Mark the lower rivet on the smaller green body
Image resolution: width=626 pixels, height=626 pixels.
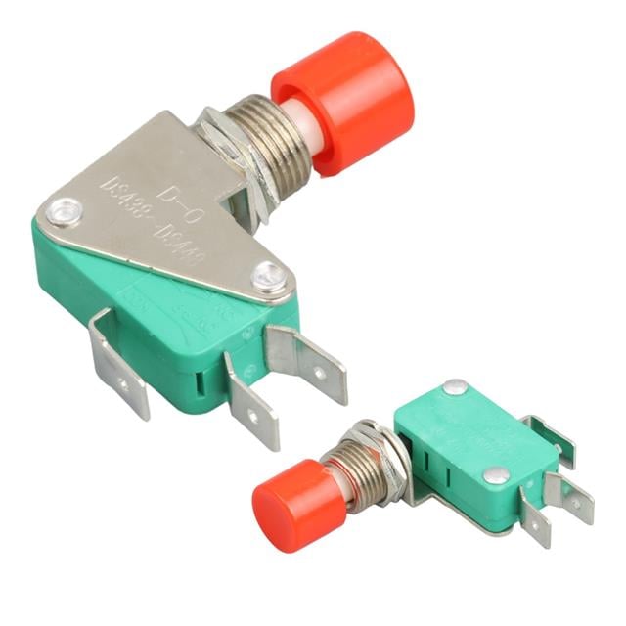(x=496, y=475)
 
